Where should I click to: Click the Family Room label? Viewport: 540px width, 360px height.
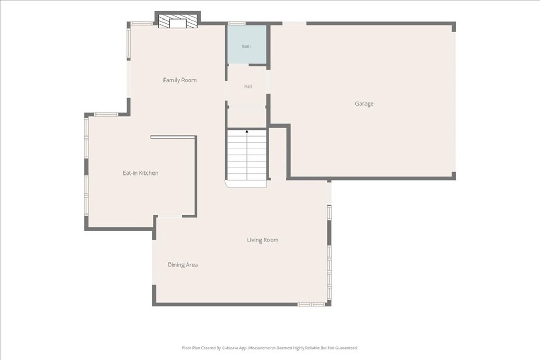(180, 80)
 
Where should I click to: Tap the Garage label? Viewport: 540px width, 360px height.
(364, 104)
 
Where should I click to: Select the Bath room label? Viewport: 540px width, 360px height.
(246, 46)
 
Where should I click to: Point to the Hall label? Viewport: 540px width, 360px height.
(248, 86)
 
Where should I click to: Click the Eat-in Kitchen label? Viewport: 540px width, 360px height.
(140, 173)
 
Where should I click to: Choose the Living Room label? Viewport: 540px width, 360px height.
(263, 240)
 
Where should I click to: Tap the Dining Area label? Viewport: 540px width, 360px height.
(182, 265)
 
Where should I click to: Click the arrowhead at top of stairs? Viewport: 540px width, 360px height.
(247, 131)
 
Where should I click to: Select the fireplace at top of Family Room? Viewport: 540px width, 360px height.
(177, 21)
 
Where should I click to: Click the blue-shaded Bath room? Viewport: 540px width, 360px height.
(247, 44)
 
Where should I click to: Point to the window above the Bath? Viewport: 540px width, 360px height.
(237, 23)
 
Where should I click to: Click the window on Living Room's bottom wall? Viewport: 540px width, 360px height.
(311, 304)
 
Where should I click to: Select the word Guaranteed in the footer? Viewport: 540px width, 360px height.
(348, 348)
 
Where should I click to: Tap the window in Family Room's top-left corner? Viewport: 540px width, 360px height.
(142, 23)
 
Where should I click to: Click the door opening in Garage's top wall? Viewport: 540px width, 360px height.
(294, 23)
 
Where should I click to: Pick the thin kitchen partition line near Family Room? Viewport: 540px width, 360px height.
(173, 137)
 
